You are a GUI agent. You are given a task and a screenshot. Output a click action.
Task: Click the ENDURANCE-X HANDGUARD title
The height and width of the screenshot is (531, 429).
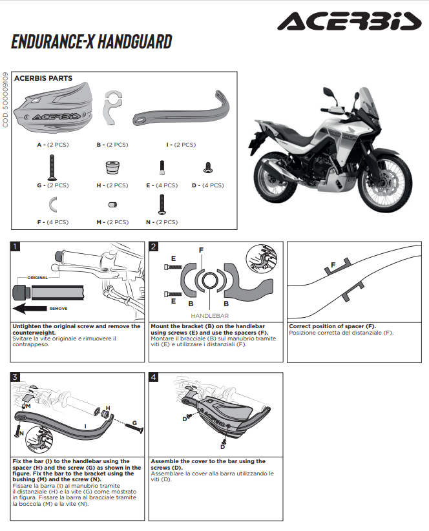point(91,43)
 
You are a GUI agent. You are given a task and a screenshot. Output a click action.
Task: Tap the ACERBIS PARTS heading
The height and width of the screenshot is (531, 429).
point(43,78)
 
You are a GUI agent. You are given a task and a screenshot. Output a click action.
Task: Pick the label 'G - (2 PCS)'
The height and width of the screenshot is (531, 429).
point(52,185)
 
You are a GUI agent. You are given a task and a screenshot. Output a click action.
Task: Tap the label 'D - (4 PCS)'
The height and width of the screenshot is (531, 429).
point(208,185)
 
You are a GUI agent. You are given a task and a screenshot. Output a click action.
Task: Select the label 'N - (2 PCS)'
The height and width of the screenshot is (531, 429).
point(162,222)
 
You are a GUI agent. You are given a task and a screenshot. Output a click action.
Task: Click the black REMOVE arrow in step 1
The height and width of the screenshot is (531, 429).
point(40,309)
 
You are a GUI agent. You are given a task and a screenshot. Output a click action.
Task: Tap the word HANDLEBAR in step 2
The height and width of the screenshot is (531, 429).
point(209,315)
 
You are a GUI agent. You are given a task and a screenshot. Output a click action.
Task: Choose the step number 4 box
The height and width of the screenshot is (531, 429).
point(154,377)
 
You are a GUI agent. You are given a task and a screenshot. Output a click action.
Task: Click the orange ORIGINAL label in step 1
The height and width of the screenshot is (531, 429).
point(37,278)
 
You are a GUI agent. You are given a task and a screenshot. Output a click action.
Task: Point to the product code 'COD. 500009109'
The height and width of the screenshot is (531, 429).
point(6,100)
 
